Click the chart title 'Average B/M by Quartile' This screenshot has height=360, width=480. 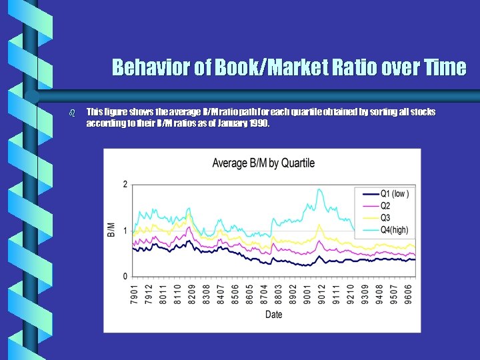263,163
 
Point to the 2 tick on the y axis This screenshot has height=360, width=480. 125,184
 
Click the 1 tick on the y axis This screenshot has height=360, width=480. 125,231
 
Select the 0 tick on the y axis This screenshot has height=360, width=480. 125,276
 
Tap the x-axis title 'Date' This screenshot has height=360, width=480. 273,315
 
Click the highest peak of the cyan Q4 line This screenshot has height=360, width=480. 319,189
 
